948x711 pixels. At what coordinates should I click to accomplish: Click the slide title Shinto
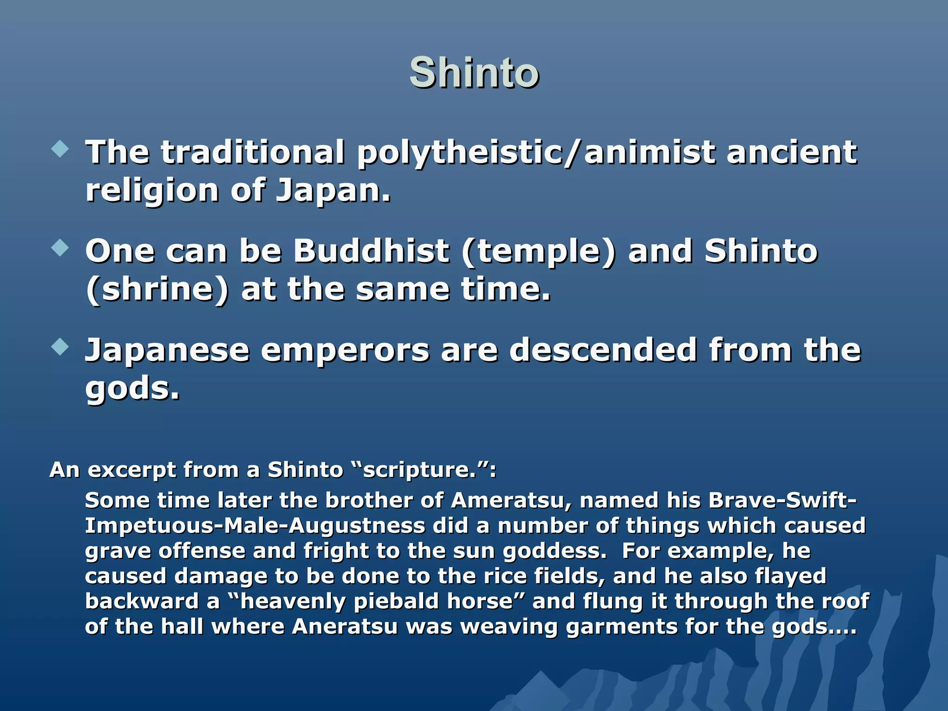[x=474, y=73]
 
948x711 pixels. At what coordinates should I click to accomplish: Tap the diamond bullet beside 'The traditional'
[x=60, y=150]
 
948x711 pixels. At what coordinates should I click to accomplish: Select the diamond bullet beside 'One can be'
[x=60, y=248]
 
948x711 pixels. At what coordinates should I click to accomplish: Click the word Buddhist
[x=371, y=251]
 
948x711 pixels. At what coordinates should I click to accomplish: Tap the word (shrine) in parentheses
[x=157, y=290]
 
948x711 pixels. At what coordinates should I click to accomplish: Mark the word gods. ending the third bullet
[x=132, y=389]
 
